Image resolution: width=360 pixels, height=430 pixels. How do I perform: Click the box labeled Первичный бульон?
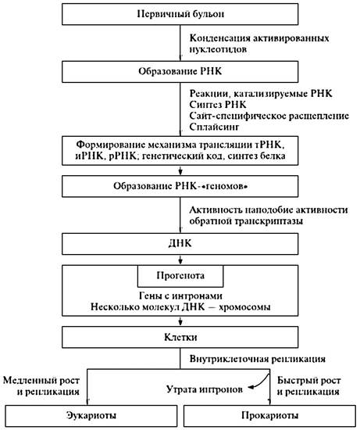[180, 14]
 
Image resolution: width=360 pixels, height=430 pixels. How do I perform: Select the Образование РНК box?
[180, 72]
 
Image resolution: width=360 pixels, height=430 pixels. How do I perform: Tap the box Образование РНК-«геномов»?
[180, 186]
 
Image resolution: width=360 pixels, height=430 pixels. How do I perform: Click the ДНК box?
[180, 244]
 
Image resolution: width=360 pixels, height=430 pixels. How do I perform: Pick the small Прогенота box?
[180, 276]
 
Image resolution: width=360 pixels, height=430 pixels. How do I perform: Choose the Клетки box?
[180, 337]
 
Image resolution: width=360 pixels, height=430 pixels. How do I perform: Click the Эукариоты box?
[91, 416]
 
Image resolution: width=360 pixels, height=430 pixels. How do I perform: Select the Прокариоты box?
[269, 416]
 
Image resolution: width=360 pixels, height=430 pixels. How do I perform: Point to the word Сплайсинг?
[214, 127]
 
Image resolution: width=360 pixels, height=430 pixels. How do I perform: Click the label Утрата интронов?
[205, 389]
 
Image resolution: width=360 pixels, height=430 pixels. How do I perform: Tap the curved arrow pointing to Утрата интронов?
[262, 383]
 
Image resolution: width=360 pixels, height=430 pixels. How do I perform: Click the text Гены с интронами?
[180, 296]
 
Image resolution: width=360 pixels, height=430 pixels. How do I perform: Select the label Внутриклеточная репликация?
[257, 359]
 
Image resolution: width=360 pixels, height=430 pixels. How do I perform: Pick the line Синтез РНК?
[218, 105]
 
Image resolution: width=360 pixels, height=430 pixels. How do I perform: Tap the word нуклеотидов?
[218, 49]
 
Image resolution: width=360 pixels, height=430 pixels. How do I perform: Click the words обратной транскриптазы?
[246, 221]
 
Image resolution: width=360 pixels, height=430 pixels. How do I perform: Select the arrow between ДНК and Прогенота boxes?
[180, 260]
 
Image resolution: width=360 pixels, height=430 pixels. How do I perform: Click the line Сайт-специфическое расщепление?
[269, 116]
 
